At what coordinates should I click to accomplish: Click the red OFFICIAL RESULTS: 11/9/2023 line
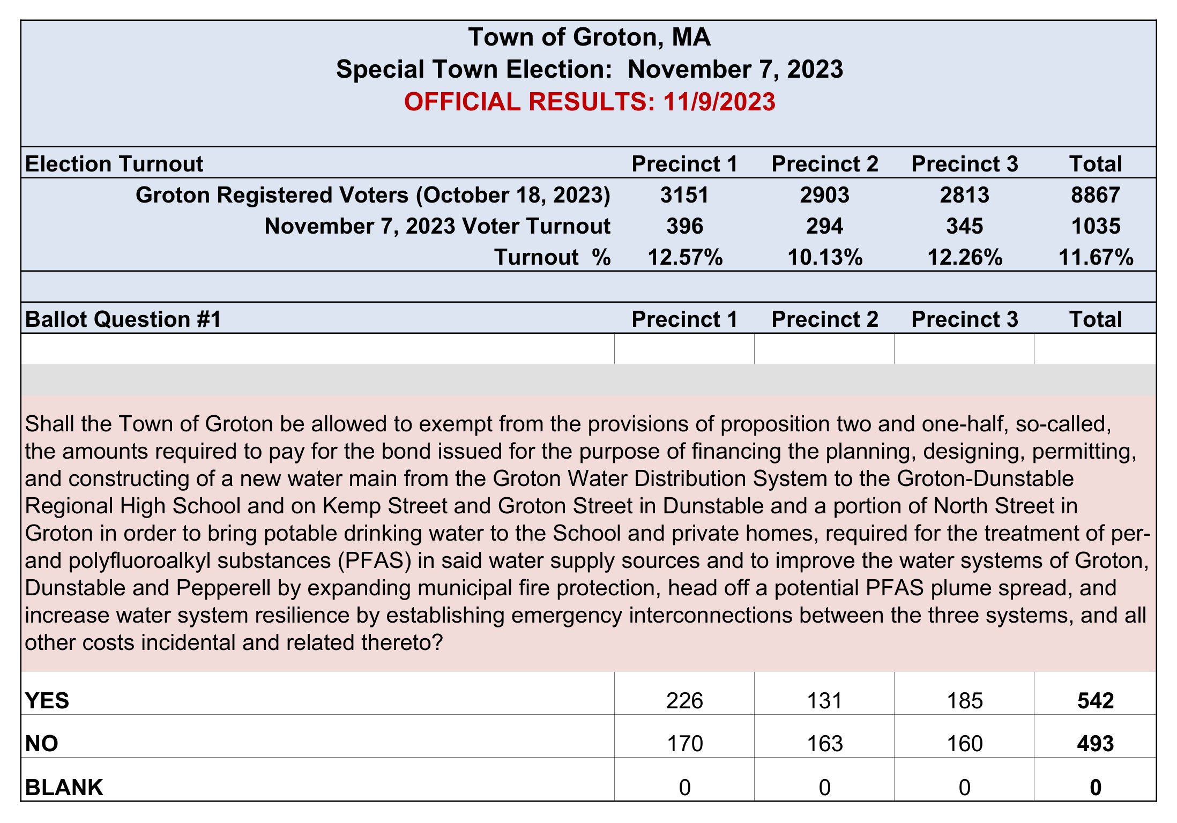(590, 102)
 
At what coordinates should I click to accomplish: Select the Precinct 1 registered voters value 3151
(684, 195)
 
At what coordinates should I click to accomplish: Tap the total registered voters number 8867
(1096, 195)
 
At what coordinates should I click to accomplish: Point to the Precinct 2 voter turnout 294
(825, 226)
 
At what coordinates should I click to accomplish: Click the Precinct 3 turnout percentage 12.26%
(965, 257)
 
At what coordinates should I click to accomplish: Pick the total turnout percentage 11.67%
(1096, 257)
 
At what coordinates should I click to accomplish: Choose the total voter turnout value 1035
(1096, 226)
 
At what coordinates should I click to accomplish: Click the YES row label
(47, 701)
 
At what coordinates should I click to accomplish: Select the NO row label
(42, 744)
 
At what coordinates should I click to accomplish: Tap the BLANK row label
(64, 788)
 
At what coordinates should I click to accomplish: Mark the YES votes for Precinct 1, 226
(684, 701)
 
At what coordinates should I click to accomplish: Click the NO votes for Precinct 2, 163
(825, 744)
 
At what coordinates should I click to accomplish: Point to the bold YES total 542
(1096, 701)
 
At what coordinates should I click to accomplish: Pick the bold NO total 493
(1096, 744)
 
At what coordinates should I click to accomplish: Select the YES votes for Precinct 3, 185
(965, 701)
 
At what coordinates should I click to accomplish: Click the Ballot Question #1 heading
(123, 319)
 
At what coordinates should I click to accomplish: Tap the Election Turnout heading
(114, 164)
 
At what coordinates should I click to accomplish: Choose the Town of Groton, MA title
(590, 37)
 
